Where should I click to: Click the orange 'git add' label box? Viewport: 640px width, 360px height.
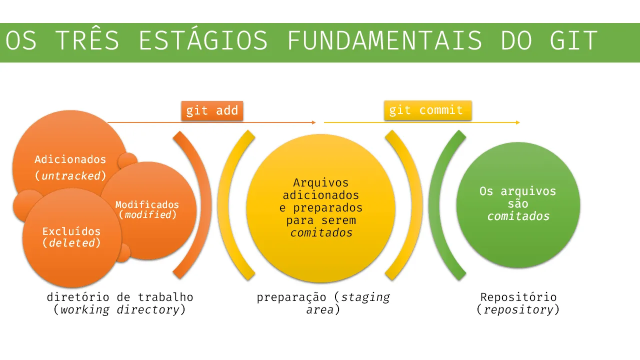[x=212, y=110]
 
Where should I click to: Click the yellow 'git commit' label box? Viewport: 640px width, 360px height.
[x=427, y=110]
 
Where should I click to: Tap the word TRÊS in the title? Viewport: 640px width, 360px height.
[x=87, y=41]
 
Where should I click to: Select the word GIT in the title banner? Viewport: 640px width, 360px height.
[x=573, y=41]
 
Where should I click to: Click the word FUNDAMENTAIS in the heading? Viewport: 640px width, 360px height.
[x=384, y=41]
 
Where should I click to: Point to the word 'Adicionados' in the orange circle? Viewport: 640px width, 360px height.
[x=70, y=159]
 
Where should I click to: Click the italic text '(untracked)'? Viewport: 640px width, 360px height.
[x=70, y=175]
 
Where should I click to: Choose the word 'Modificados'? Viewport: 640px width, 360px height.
[x=147, y=204]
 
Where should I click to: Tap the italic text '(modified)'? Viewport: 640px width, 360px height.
[x=147, y=215]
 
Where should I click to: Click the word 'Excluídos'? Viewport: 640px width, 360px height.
[x=71, y=231]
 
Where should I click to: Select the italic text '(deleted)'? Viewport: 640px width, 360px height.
[x=71, y=243]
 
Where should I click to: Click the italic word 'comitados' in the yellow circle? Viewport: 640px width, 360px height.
[x=321, y=232]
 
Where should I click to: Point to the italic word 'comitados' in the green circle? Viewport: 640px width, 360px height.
[x=518, y=216]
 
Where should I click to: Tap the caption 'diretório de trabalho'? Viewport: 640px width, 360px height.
[x=120, y=297]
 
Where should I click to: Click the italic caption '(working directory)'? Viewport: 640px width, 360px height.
[x=119, y=309]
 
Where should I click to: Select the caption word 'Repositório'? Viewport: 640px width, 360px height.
[x=518, y=297]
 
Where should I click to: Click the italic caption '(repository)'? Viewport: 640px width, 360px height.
[x=518, y=309]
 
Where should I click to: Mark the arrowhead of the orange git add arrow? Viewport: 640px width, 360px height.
[x=313, y=122]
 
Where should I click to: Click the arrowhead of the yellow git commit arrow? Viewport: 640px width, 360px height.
[x=517, y=122]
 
